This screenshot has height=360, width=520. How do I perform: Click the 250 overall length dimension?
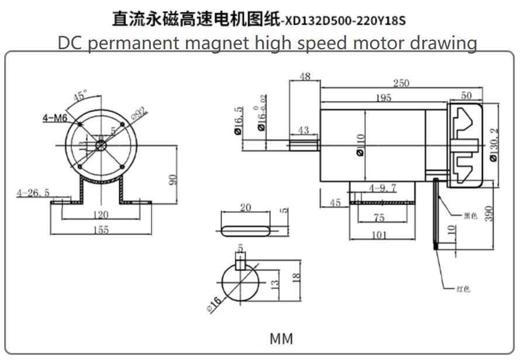401,84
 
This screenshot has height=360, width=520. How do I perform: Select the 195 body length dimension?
383,98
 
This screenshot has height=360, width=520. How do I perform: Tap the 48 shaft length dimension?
305,77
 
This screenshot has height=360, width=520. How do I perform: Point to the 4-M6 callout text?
55,118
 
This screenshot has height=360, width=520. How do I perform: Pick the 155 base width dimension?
101,230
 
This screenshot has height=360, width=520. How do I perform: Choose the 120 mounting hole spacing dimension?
101,215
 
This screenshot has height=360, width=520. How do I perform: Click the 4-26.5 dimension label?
33,192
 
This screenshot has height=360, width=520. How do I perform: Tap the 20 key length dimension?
245,208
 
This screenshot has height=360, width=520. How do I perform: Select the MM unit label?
281,338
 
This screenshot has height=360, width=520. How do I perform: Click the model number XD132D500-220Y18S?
344,21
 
